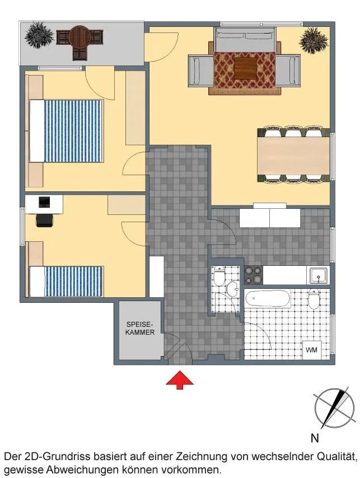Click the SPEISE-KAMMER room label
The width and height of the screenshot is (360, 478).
(x=140, y=328)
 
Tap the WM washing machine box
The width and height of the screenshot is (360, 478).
(x=312, y=350)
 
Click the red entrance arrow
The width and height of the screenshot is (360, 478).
(x=180, y=380)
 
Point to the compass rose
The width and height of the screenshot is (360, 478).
(x=334, y=409)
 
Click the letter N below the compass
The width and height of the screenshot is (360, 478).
(x=315, y=438)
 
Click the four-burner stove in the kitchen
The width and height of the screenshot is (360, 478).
(x=253, y=275)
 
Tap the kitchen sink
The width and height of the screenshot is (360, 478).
(x=319, y=275)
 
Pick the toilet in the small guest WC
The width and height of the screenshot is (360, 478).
(x=219, y=275)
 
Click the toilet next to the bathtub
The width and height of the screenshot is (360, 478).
(x=314, y=299)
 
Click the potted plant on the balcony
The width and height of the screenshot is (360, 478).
(x=39, y=36)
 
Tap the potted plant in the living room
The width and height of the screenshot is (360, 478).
(x=314, y=40)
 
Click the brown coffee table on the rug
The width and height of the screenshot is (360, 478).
(x=245, y=68)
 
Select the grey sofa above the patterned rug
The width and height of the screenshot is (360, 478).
(x=245, y=40)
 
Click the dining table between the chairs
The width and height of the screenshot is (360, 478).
(x=293, y=156)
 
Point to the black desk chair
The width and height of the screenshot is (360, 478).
(x=45, y=220)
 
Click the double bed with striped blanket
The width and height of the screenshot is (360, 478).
(x=66, y=131)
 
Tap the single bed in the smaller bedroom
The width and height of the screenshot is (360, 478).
(x=66, y=282)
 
